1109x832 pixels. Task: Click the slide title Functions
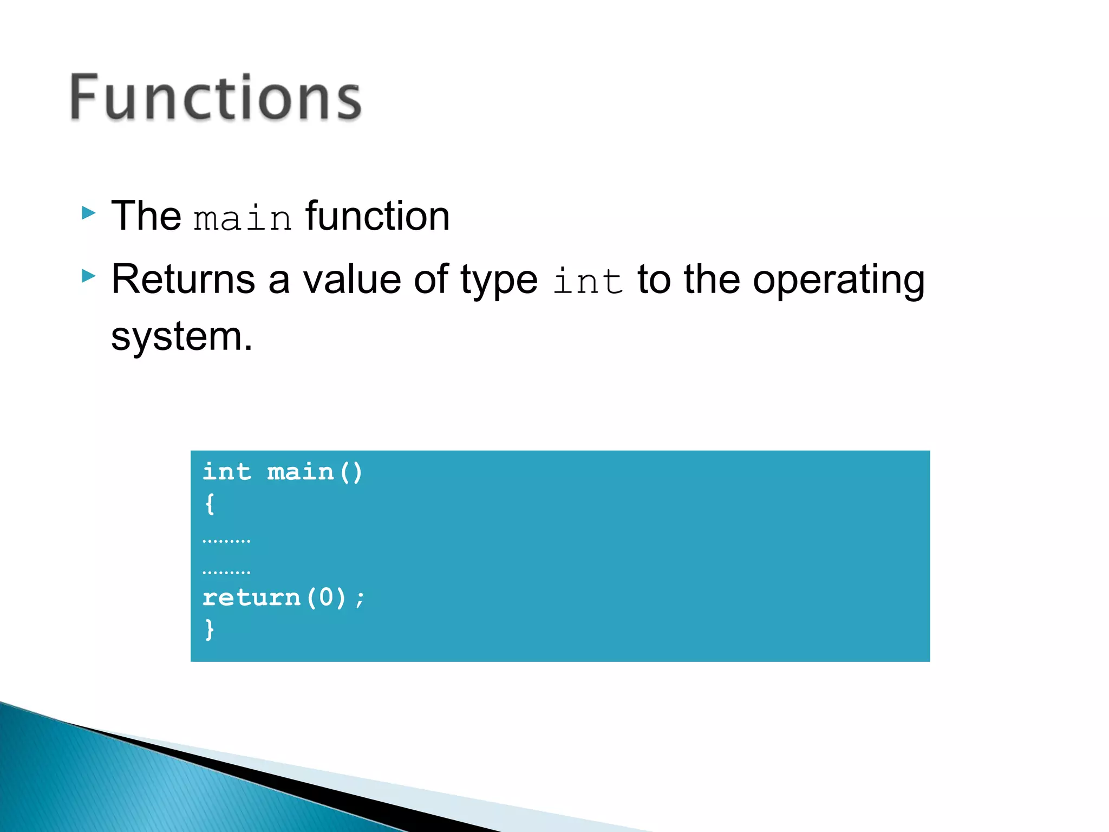coord(216,97)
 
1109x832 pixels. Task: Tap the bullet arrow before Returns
coord(88,276)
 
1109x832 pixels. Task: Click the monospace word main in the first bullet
coord(243,218)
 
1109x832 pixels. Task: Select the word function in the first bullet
coord(377,216)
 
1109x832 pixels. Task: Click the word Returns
coord(183,279)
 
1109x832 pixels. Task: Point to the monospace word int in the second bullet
coord(588,282)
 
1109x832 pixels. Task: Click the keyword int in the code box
coord(226,472)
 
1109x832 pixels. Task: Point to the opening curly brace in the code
coord(210,504)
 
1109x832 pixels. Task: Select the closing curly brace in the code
coord(210,629)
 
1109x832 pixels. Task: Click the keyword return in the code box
coord(251,597)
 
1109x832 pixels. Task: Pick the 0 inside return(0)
coord(326,597)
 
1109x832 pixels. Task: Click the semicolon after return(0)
coord(360,599)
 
